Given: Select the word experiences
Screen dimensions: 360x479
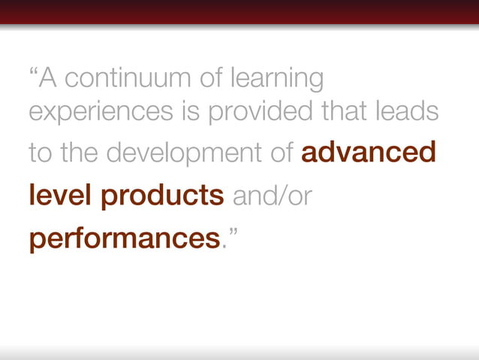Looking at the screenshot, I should point(88,113).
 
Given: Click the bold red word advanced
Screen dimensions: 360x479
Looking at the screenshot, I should point(368,153).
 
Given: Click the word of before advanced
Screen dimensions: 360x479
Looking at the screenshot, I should point(282,153).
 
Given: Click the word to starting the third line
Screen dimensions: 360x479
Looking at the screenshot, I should point(40,153).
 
